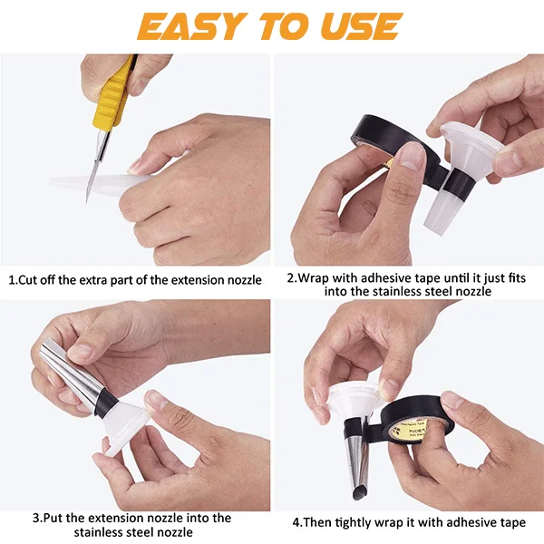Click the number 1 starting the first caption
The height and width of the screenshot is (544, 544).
[x=11, y=279]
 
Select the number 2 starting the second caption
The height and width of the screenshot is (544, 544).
[x=291, y=277]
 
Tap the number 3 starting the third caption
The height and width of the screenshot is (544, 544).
[x=35, y=519]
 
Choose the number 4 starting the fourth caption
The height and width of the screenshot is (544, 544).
[x=296, y=523]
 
